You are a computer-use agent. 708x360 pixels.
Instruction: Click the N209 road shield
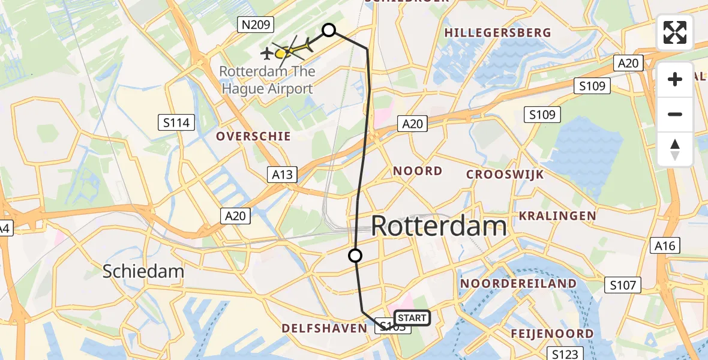pyautogui.click(x=256, y=25)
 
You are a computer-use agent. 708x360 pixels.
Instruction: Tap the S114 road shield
pyautogui.click(x=176, y=123)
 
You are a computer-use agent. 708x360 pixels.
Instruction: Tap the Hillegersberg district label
pyautogui.click(x=498, y=32)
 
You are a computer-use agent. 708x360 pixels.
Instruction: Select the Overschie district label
pyautogui.click(x=253, y=136)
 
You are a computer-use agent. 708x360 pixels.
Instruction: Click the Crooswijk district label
pyautogui.click(x=505, y=175)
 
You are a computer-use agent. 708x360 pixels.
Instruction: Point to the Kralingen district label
pyautogui.click(x=557, y=215)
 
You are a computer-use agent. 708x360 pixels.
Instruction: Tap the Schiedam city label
pyautogui.click(x=143, y=271)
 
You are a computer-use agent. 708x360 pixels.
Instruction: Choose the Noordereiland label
pyautogui.click(x=518, y=283)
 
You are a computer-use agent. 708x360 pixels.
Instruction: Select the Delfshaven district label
pyautogui.click(x=324, y=328)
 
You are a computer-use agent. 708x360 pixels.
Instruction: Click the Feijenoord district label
pyautogui.click(x=552, y=334)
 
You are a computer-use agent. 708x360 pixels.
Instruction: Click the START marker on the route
pyautogui.click(x=412, y=318)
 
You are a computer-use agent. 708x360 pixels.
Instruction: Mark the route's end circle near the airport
pyautogui.click(x=329, y=30)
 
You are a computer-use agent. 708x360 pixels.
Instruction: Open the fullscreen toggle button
pyautogui.click(x=675, y=32)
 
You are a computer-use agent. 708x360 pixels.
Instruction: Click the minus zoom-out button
pyautogui.click(x=675, y=114)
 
